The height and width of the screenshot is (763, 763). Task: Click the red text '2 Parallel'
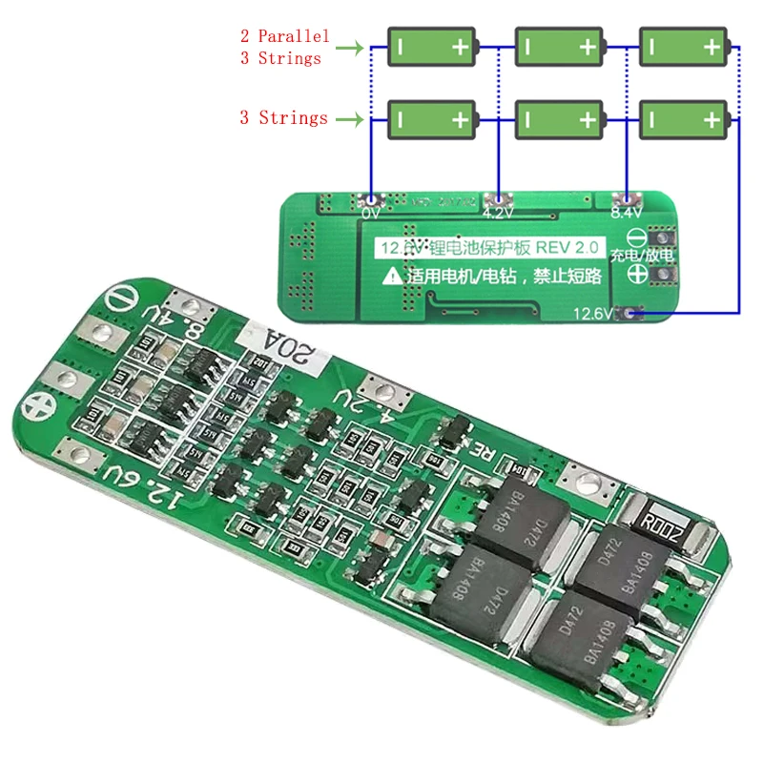(284, 36)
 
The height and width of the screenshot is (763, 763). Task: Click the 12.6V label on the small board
(592, 314)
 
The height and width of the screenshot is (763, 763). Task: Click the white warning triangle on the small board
(391, 278)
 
